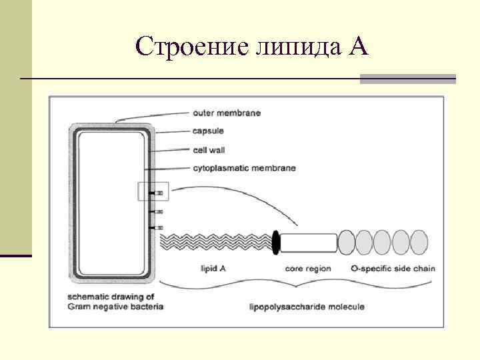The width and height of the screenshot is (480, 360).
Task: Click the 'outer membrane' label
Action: click(x=226, y=113)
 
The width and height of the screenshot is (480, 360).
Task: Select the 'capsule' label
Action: click(x=209, y=131)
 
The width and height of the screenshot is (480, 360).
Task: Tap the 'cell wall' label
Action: click(x=209, y=150)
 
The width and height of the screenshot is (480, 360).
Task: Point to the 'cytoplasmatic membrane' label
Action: click(x=244, y=168)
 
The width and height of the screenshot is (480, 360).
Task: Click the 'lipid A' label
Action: click(x=213, y=269)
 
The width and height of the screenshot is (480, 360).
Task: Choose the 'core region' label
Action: click(x=307, y=269)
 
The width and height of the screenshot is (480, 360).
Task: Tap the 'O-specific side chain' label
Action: click(x=393, y=269)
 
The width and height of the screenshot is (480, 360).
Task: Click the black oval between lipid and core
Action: click(x=276, y=243)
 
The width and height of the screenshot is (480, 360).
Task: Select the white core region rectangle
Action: click(x=308, y=243)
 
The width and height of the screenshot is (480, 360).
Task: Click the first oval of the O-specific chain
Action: click(x=347, y=242)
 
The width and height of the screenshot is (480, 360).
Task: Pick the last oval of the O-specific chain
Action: click(x=419, y=242)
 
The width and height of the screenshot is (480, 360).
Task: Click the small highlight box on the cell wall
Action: click(x=153, y=191)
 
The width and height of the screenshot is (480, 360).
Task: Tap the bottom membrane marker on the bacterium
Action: click(x=158, y=228)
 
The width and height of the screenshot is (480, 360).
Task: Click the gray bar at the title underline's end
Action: click(x=407, y=79)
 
